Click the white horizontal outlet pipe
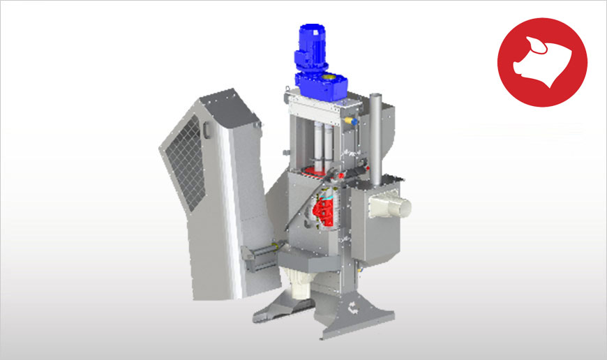tap(397, 204)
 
